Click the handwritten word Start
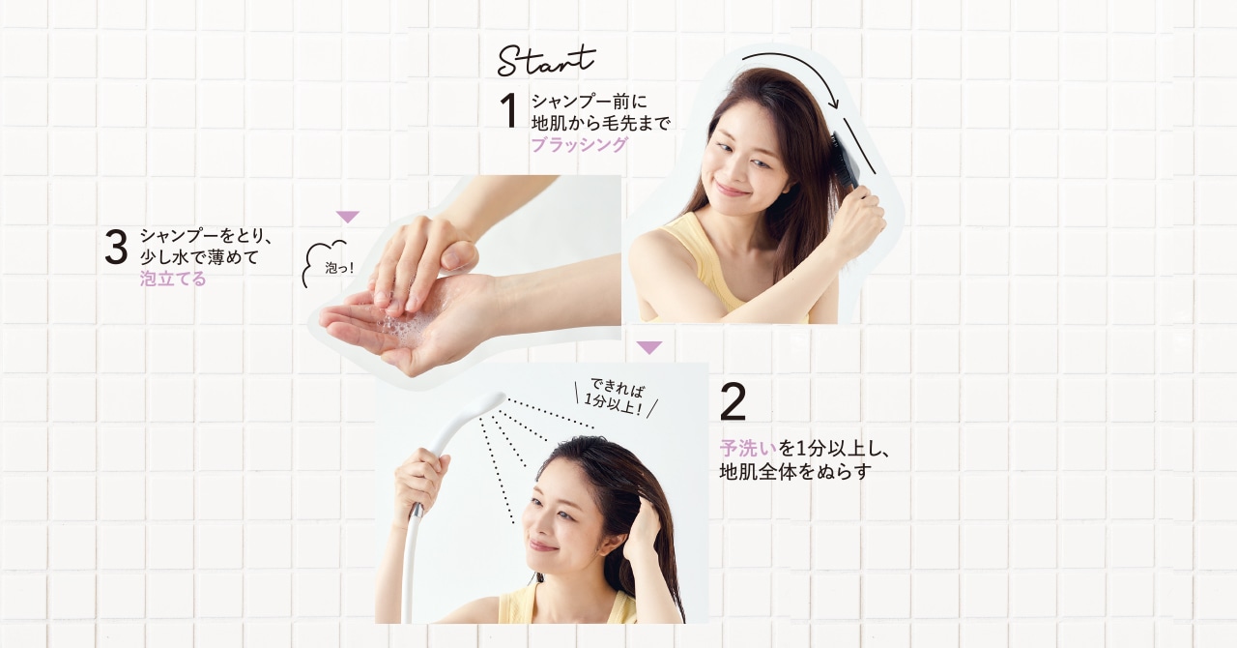point(546,61)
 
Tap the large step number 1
point(508,110)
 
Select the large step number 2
point(734,402)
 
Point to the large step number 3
point(116,248)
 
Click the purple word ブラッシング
point(579,144)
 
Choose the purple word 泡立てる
point(173,279)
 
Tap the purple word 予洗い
point(748,448)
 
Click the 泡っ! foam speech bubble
point(328,264)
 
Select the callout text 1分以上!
point(614,408)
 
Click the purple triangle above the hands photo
point(348,217)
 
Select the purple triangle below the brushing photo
point(648,348)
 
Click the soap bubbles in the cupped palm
point(396,330)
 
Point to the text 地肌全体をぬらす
point(795,472)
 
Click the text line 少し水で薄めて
point(199,257)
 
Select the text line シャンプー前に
point(590,102)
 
